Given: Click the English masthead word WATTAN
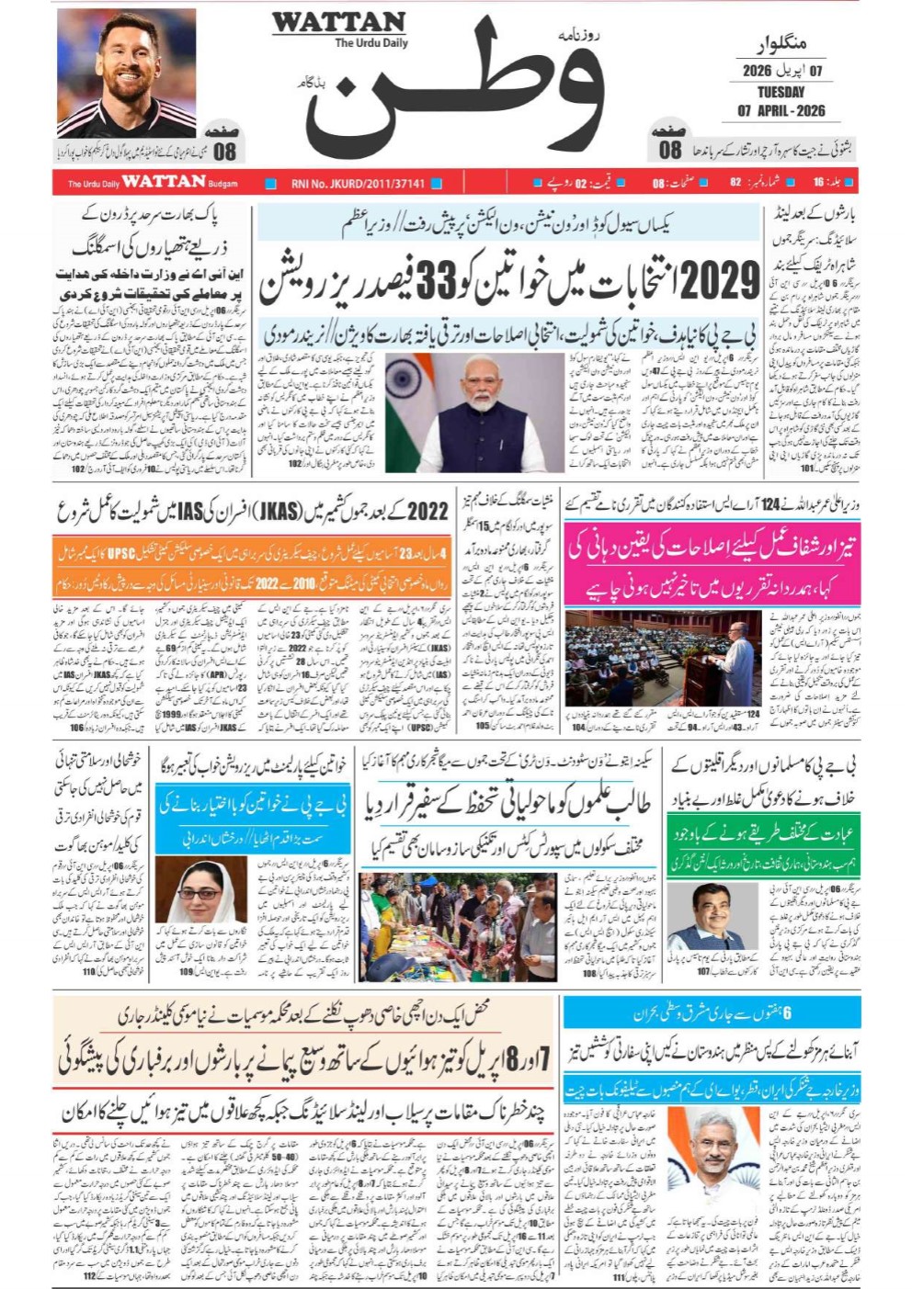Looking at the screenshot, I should (x=338, y=22).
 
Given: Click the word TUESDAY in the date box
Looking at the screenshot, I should (x=781, y=92).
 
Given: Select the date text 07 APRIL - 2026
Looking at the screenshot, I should (x=781, y=111).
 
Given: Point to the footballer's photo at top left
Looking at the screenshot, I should (x=126, y=73).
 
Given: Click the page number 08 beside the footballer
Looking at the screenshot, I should (x=224, y=151).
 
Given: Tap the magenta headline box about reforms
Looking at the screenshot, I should (x=712, y=562).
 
